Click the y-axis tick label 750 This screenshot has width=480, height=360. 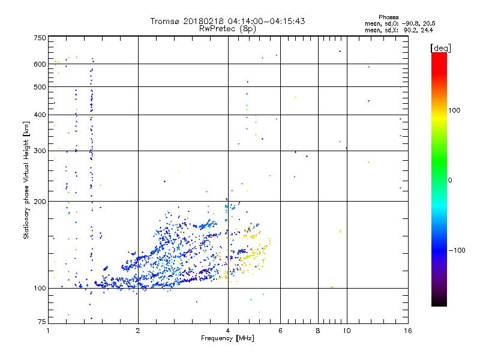click(40, 37)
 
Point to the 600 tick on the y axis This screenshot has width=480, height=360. click(40, 64)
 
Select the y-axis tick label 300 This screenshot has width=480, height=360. click(40, 150)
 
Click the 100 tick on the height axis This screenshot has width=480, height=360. click(40, 288)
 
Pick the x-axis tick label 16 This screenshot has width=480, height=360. click(407, 331)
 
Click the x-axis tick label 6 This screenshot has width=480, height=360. click(280, 331)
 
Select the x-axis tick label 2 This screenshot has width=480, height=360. click(138, 331)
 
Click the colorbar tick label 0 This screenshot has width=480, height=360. click(449, 180)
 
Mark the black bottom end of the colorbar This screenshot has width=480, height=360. click(439, 304)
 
